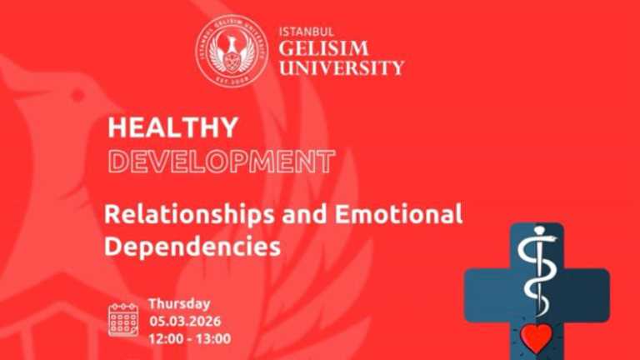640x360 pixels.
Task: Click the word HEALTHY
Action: (173, 127)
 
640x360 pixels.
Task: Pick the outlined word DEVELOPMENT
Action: (222, 160)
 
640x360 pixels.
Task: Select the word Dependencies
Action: (192, 247)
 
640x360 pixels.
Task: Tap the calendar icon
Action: (123, 320)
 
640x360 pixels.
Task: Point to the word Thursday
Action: (179, 304)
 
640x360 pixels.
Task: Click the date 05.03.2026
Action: (188, 322)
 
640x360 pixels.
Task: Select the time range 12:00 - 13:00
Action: (190, 339)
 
